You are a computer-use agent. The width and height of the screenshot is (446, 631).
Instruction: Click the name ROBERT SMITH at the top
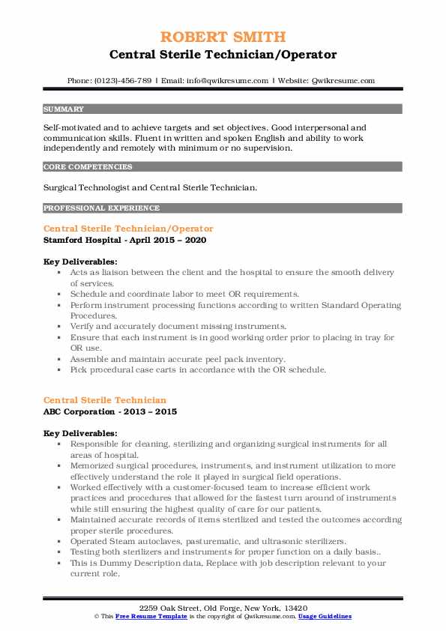(223, 37)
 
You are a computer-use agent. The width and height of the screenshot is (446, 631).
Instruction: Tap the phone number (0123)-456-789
(121, 80)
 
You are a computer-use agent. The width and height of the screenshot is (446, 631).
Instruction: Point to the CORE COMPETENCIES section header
(88, 167)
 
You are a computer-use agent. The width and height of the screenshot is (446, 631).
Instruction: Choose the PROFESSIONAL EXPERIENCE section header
(101, 208)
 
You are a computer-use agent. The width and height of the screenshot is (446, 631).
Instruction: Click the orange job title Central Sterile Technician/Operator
(128, 229)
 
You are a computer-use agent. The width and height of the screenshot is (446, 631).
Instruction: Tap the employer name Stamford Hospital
(81, 240)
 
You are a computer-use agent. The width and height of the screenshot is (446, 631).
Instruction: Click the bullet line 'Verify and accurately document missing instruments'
(178, 326)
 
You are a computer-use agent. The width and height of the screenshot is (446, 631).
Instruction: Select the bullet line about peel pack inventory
(178, 358)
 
